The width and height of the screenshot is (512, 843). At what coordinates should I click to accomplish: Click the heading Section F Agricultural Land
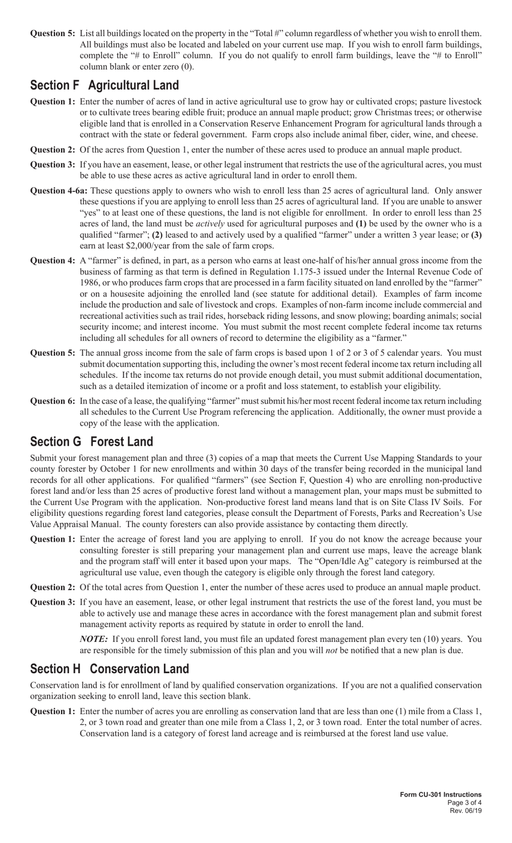[x=105, y=85]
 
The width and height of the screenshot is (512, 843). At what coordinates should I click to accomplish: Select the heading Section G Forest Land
[x=92, y=441]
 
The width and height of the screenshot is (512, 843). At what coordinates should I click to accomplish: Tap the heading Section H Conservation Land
[x=110, y=669]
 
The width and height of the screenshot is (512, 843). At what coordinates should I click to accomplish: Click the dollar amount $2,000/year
[x=136, y=245]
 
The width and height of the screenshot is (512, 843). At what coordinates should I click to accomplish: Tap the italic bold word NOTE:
[x=94, y=639]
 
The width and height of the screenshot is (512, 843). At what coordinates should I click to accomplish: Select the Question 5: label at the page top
[x=52, y=33]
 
